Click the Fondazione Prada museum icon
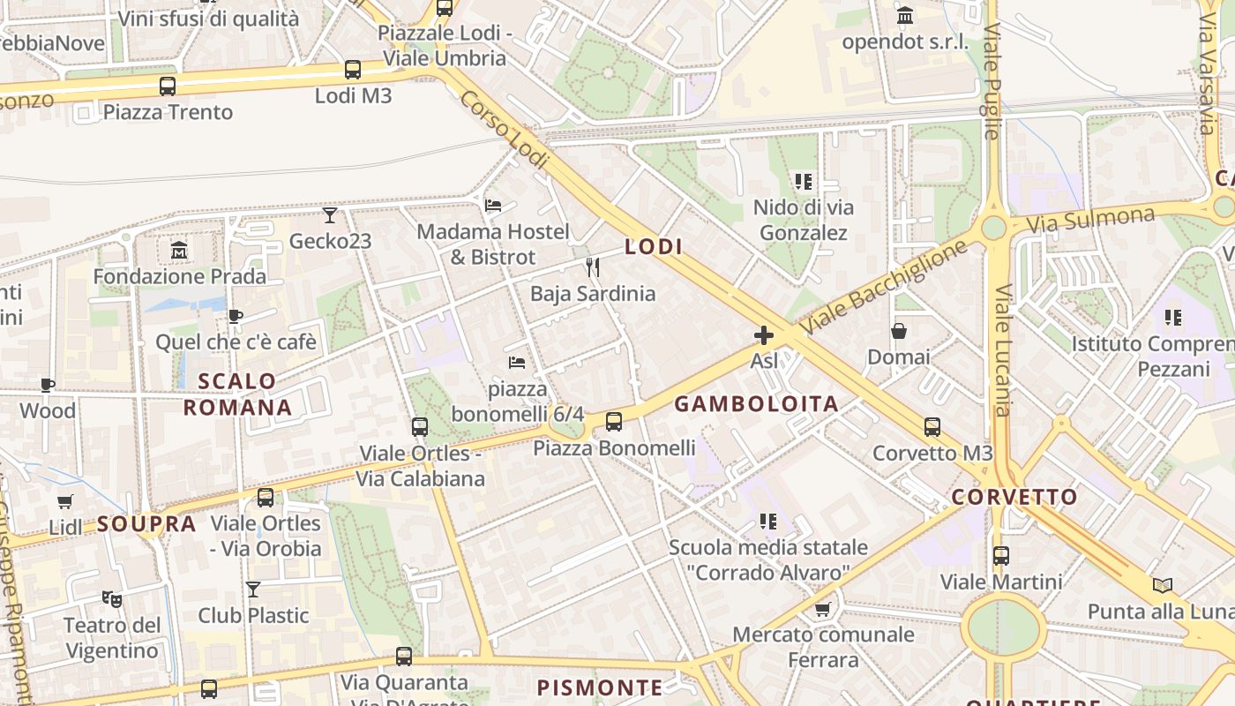tap(179, 251)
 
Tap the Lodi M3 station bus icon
tap(353, 70)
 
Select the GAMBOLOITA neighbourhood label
tap(756, 404)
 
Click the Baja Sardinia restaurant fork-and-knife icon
tap(593, 267)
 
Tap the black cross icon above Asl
tap(764, 335)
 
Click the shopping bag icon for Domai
tap(899, 331)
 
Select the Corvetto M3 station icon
tap(932, 427)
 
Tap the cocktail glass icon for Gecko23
tap(330, 214)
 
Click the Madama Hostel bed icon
tap(493, 206)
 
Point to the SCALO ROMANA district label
tap(236, 394)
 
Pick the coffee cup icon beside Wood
tap(48, 385)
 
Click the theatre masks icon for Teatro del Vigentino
tap(112, 599)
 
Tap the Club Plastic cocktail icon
tap(253, 589)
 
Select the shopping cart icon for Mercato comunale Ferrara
tap(823, 608)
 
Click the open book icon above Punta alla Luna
tap(1163, 585)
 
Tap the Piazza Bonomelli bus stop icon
tap(614, 422)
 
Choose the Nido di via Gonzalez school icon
tap(803, 182)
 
